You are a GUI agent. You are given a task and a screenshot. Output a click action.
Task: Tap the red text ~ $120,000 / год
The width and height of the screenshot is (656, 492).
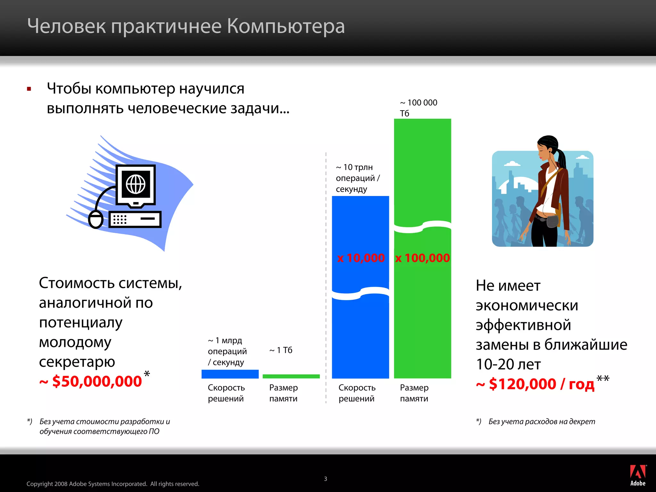click(x=535, y=384)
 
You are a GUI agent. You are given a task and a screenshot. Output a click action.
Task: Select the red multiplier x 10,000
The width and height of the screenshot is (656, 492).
click(x=361, y=258)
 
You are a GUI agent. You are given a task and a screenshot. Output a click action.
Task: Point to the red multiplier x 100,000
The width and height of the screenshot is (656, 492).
click(x=422, y=258)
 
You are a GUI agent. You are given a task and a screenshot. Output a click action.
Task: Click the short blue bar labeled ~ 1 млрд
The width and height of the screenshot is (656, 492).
click(x=230, y=374)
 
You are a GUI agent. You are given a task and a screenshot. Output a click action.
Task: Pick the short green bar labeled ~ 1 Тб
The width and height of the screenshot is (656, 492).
click(x=291, y=376)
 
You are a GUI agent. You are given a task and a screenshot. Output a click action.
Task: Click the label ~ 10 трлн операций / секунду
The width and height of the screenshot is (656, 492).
click(x=357, y=178)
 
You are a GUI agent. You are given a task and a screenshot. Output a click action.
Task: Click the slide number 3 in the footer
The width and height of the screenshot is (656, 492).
click(x=325, y=479)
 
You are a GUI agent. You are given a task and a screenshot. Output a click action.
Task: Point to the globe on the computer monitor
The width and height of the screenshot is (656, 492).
click(x=136, y=184)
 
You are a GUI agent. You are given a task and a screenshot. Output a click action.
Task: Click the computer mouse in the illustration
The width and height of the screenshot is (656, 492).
click(x=95, y=219)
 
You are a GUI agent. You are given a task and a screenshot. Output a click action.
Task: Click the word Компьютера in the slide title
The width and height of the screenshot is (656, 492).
click(x=286, y=26)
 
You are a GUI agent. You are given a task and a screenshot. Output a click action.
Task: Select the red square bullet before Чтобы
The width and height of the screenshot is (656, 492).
click(x=29, y=89)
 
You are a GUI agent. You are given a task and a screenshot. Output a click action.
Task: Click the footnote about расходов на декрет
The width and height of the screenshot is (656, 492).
click(x=541, y=422)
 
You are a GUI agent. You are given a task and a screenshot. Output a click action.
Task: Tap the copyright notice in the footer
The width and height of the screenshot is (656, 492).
click(x=113, y=484)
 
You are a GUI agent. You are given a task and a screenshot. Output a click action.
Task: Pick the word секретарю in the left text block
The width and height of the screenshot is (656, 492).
click(x=77, y=362)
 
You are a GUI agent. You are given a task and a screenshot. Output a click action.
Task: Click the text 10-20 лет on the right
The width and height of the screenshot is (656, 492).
click(x=508, y=364)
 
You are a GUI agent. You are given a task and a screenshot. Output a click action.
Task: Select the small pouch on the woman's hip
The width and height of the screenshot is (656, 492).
click(x=552, y=221)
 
